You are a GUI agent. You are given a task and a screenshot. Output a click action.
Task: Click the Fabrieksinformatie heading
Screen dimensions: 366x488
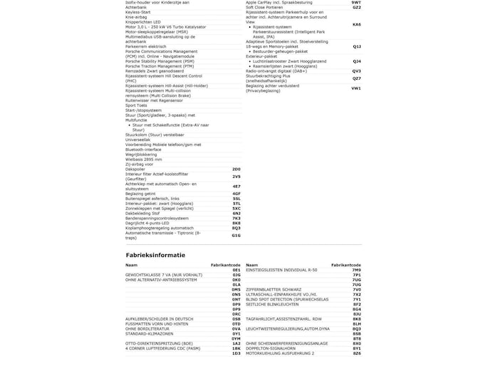[155, 254]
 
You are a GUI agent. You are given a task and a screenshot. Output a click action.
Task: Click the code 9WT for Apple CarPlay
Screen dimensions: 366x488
[356, 3]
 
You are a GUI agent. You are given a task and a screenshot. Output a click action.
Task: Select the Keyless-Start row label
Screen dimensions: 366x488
[138, 12]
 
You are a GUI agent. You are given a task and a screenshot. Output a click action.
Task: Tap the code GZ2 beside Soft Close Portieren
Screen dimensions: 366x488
[356, 7]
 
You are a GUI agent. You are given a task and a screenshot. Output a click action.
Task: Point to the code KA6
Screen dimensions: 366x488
[356, 24]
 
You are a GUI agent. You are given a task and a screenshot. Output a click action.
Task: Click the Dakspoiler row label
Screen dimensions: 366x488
[137, 169]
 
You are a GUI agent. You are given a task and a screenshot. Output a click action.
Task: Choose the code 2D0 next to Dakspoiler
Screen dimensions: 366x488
[237, 169]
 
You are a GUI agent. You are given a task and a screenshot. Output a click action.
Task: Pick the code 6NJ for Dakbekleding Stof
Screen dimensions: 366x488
[237, 213]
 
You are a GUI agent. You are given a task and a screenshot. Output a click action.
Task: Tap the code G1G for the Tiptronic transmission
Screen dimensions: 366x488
[237, 235]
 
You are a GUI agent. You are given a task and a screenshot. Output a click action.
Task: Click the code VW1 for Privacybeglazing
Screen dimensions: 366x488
[356, 88]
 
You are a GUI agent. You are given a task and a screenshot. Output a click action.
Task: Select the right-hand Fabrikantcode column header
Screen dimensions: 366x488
[347, 264]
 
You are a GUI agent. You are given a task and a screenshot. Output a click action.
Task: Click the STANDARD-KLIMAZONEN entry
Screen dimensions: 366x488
[151, 333]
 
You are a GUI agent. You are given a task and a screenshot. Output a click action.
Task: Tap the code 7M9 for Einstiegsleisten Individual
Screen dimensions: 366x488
[356, 270]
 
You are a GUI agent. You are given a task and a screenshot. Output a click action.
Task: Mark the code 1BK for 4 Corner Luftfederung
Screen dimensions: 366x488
[237, 348]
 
